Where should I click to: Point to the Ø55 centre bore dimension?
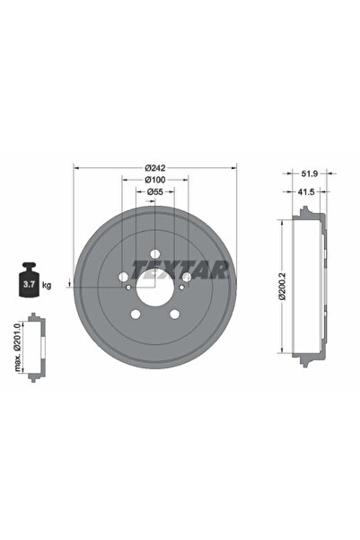[155, 191]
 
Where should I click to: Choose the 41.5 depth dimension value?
[307, 191]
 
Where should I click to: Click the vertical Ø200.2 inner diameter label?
[282, 286]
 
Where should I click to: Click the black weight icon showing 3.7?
[26, 282]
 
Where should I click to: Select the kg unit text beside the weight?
[47, 285]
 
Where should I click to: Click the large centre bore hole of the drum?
[154, 286]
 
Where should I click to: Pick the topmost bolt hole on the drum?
[154, 253]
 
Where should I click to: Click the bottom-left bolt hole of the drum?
[136, 314]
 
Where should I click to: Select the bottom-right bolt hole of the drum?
[174, 314]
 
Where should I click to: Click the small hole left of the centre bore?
[129, 288]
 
